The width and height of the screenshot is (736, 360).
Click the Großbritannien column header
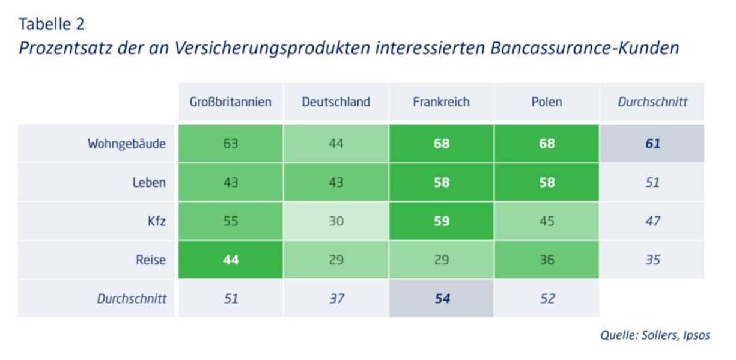[x=231, y=102]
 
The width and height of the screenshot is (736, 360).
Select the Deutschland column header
[x=336, y=102]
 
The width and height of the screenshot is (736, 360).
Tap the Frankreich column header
[x=441, y=102]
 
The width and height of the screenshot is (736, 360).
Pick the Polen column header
[x=547, y=102]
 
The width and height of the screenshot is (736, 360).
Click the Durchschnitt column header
[x=652, y=102]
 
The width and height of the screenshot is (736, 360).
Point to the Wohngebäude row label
[x=126, y=144]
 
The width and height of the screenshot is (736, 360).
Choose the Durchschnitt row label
[x=132, y=298]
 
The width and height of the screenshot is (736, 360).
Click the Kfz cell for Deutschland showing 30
[x=336, y=221]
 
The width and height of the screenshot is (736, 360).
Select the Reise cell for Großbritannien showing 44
[x=231, y=259]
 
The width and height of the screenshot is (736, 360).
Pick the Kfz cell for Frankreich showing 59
[x=441, y=221]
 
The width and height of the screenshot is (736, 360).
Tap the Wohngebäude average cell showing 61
[x=652, y=144]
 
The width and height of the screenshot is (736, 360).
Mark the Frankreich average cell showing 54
[x=442, y=298]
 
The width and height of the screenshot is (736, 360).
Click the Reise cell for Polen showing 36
[x=547, y=259]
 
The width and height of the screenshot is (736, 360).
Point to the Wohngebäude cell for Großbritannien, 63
[x=231, y=144]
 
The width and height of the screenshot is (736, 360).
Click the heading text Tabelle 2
[x=52, y=25]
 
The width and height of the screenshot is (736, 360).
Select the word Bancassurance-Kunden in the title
[x=584, y=48]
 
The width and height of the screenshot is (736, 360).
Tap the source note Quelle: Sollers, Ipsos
[x=654, y=335]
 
